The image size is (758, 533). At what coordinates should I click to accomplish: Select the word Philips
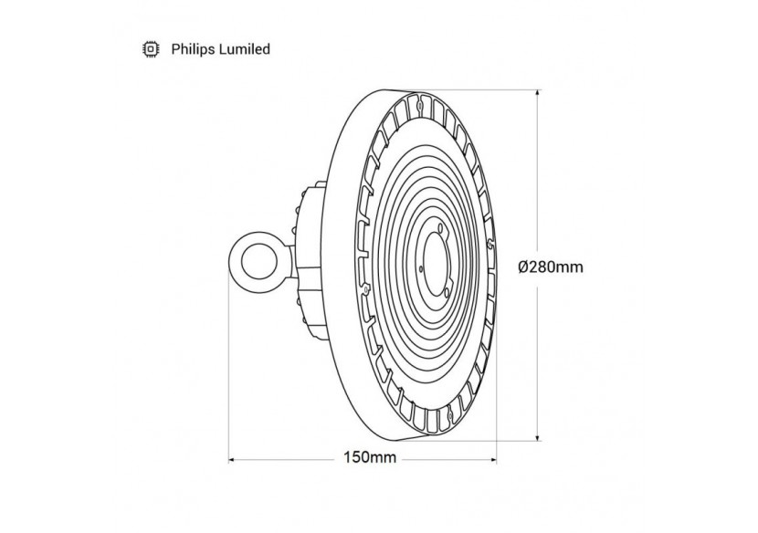click(192, 49)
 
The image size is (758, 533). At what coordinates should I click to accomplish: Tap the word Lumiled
click(242, 49)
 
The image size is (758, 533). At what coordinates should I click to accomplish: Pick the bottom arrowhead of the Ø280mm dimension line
click(536, 440)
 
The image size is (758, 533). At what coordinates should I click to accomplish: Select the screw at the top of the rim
click(419, 104)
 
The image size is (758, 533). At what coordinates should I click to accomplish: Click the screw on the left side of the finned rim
click(365, 288)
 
